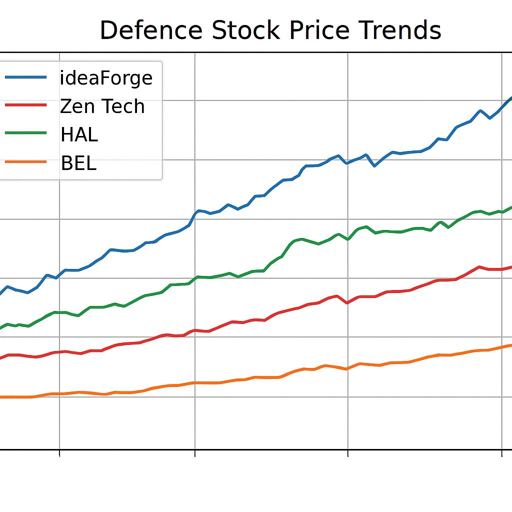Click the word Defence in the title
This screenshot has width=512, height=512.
[x=150, y=30]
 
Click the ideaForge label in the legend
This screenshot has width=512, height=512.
[x=106, y=78]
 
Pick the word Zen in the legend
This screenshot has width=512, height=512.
[x=74, y=106]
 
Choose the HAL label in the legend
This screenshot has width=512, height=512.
[x=79, y=134]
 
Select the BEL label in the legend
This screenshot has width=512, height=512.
[x=78, y=163]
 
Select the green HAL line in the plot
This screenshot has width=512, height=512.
[x=270, y=265]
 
